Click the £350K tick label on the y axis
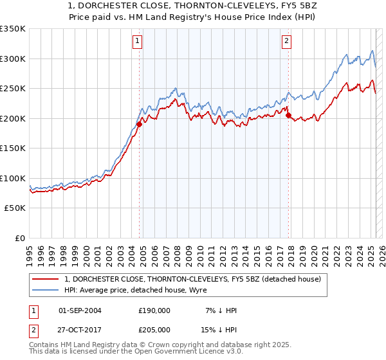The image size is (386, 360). pos(12,29)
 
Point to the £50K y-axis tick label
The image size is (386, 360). pos(14,208)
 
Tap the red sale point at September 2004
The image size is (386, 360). pos(139,124)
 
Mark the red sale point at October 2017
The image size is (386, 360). pos(288,116)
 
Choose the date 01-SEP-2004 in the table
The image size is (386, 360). pos(80,310)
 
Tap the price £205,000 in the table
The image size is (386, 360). pos(154,329)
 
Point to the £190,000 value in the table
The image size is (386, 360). pos(154,310)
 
